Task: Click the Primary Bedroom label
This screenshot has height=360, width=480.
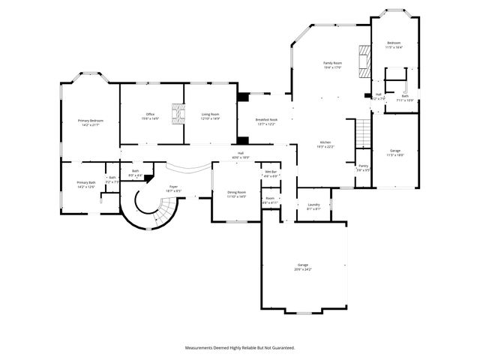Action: coord(90,121)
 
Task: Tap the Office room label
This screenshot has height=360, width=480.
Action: coord(150,115)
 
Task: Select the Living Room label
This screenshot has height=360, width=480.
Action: coord(210,115)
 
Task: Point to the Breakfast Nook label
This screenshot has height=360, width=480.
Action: coord(266,120)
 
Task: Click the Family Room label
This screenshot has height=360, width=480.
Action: coord(332,63)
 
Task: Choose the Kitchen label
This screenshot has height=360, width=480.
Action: coord(325,142)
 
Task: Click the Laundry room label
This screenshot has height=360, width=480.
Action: coord(313,205)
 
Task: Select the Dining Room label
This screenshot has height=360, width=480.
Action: coord(237,193)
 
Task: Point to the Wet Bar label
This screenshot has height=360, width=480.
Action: coord(270,172)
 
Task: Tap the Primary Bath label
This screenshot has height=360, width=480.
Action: coord(86,183)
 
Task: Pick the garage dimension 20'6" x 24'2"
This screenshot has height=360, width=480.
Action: coord(303,268)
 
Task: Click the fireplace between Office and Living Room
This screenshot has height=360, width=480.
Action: coord(177,114)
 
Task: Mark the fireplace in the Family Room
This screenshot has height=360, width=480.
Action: coord(364,60)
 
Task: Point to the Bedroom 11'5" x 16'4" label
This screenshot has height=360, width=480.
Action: coord(394,44)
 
